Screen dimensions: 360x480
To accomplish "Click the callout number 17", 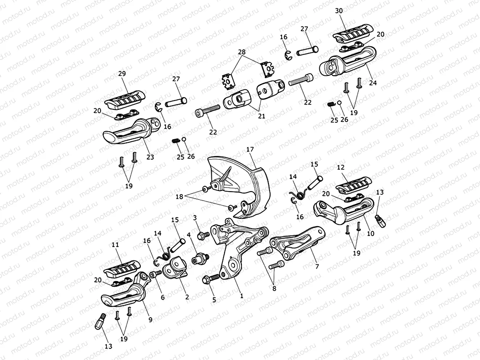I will tap(250, 150).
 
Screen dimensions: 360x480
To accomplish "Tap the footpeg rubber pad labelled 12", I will tap(353, 184).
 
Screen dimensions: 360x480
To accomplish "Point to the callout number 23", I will tap(150, 157).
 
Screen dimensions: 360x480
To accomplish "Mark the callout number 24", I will tap(372, 83).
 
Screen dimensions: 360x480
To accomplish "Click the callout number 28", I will tap(242, 51).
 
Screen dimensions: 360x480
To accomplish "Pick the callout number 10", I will tap(370, 233).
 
